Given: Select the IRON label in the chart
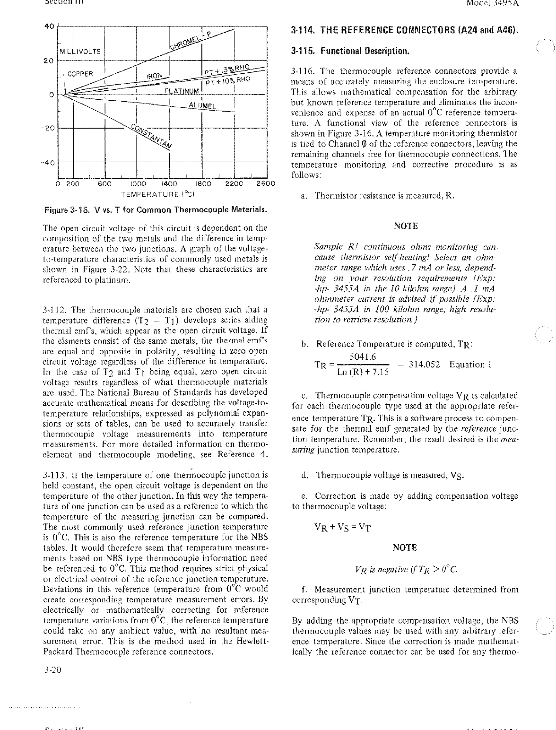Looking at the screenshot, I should [x=154, y=75].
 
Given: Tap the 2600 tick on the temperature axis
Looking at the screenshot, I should [x=265, y=184].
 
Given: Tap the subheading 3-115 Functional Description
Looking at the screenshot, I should [x=350, y=51].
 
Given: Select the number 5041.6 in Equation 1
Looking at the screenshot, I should [x=363, y=356].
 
